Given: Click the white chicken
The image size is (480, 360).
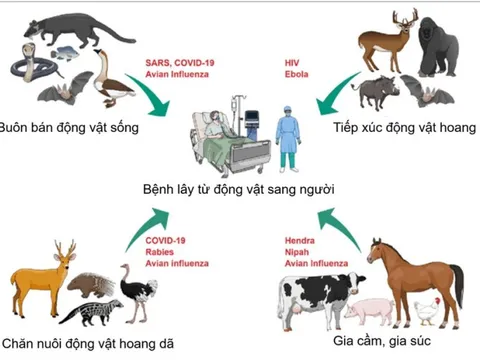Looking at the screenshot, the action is [x=427, y=311].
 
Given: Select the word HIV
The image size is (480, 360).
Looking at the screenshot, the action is [x=289, y=62].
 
